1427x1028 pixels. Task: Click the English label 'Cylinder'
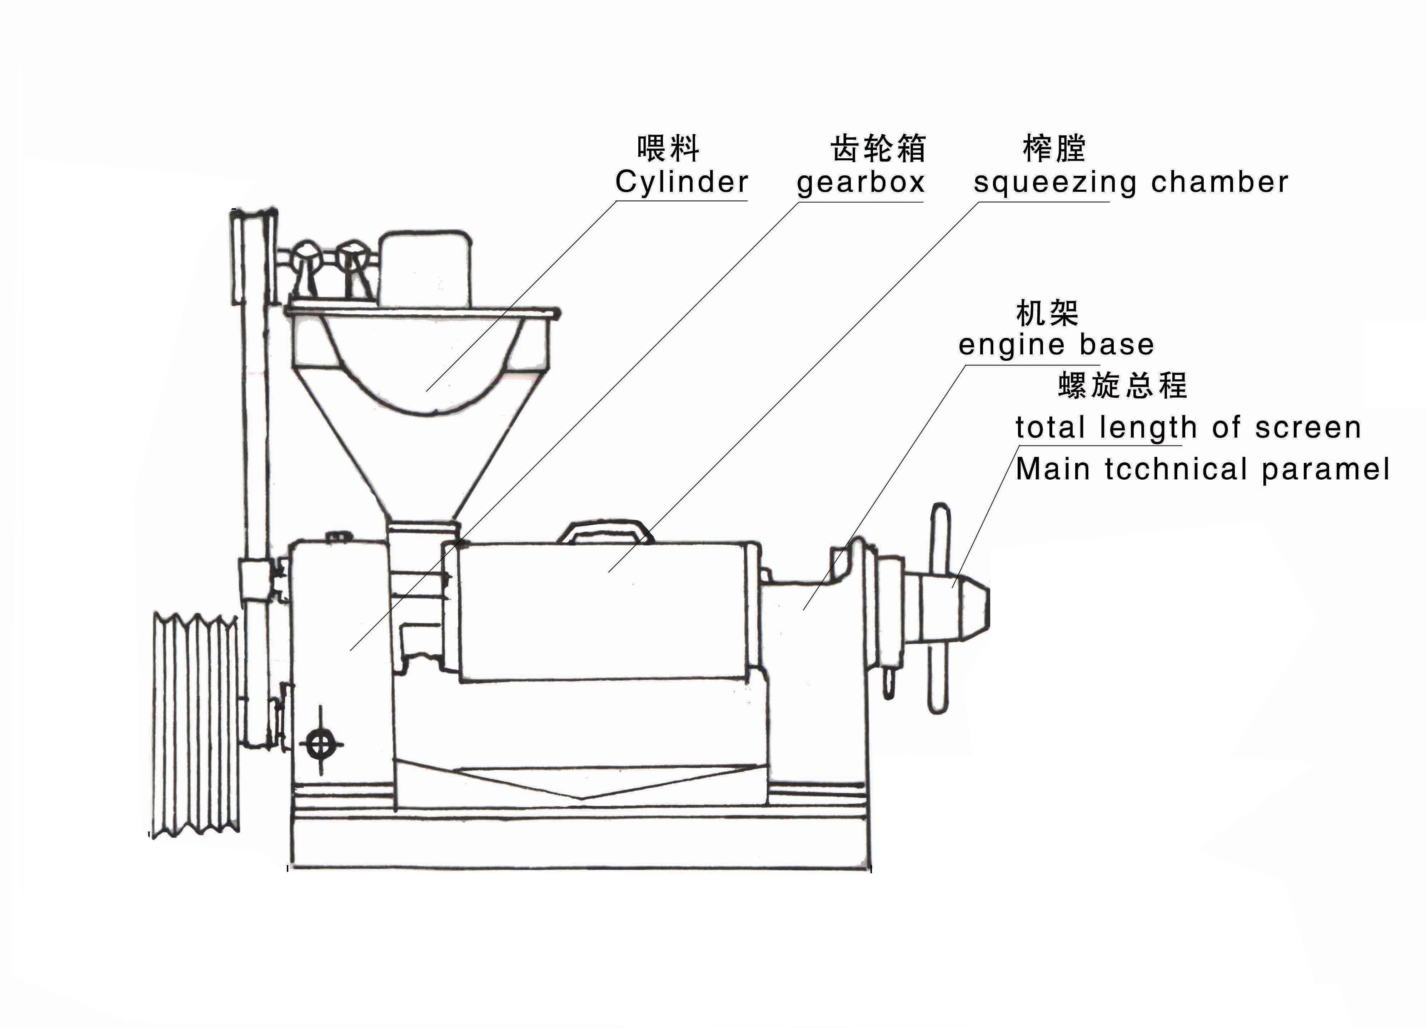click(682, 183)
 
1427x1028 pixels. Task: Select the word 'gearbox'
click(860, 183)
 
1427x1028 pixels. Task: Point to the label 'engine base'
click(1056, 345)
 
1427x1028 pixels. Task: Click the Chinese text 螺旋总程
click(1122, 385)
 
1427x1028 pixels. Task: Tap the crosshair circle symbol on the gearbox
click(321, 744)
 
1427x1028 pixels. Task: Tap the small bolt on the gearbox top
click(339, 536)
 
